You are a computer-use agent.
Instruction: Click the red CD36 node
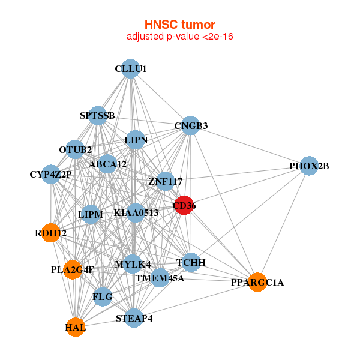tap(183, 205)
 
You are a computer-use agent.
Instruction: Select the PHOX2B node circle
tap(308, 166)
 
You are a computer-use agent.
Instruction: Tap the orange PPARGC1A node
tap(257, 282)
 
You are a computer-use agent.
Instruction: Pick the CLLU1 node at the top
tap(131, 68)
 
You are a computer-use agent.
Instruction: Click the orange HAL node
tap(76, 327)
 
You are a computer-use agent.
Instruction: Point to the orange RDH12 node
tap(51, 233)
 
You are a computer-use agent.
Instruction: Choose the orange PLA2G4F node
tap(73, 269)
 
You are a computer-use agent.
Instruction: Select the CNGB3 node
tap(190, 125)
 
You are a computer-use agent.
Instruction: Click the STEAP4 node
tap(134, 318)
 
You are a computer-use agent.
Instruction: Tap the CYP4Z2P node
tap(51, 175)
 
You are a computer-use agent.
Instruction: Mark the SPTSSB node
tap(98, 115)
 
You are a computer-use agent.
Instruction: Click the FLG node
tap(103, 296)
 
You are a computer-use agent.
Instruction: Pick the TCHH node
tap(191, 262)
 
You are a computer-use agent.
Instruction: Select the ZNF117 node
tap(165, 181)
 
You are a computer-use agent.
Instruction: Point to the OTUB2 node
tap(76, 149)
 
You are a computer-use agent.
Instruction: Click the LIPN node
tap(136, 140)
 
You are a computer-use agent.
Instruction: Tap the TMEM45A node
tap(160, 278)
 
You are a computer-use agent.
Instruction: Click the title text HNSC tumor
tap(179, 25)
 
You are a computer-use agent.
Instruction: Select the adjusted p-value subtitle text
tap(179, 37)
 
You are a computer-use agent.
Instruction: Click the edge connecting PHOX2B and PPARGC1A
tap(283, 223)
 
